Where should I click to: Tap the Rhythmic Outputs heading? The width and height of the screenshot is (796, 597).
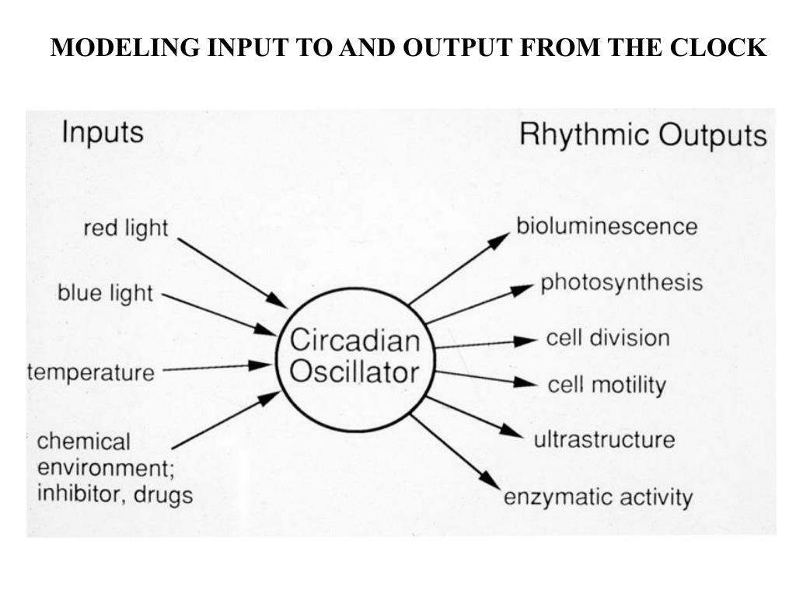(642, 135)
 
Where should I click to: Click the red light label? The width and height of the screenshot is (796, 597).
(125, 229)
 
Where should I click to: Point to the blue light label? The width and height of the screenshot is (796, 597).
(105, 294)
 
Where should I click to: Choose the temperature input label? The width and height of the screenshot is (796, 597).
(91, 372)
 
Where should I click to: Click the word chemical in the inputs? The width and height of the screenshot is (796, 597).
(84, 442)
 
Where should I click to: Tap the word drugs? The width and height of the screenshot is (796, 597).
(162, 494)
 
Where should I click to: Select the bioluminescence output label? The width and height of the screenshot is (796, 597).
(607, 226)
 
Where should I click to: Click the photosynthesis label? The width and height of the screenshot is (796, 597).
(621, 282)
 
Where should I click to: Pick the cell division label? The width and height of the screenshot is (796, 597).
(607, 338)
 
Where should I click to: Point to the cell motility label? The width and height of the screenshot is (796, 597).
(607, 385)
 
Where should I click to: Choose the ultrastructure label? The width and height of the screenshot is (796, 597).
(604, 439)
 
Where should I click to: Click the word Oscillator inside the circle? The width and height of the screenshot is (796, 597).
(354, 372)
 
